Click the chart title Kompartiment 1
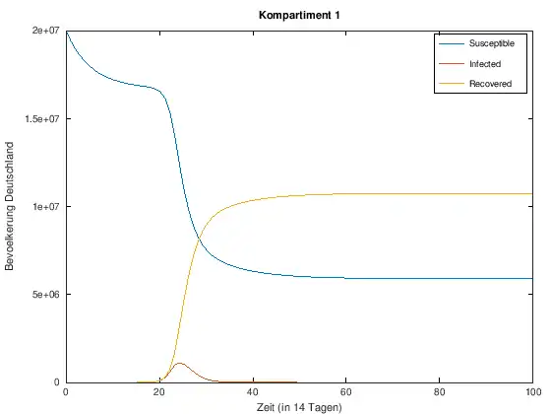point(299,15)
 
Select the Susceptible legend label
point(492,43)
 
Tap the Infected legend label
point(485,64)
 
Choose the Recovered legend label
point(491,84)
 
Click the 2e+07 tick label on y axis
point(45,31)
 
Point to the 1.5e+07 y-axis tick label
point(42,118)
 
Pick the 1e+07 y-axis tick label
point(45,206)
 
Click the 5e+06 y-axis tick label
point(45,294)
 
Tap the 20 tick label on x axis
point(159,392)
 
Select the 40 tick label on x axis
point(253,392)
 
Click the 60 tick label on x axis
point(345,392)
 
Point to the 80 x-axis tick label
point(439,392)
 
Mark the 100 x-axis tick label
point(533,392)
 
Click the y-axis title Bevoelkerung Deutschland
point(9,206)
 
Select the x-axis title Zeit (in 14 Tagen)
point(299,407)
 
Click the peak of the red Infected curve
point(180,363)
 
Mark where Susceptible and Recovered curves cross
point(199,239)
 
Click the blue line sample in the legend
point(452,43)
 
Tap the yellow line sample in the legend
point(452,84)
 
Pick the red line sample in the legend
point(452,64)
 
